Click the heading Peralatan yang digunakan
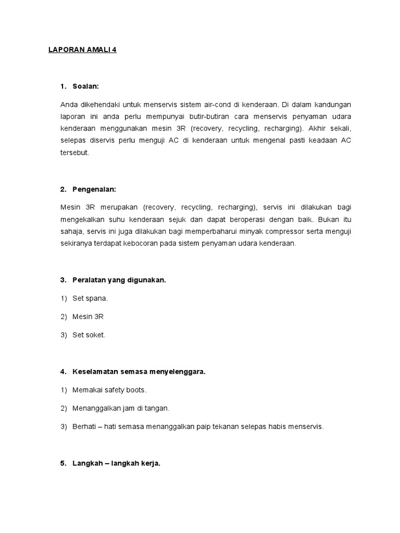119,280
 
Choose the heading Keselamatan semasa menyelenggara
139,372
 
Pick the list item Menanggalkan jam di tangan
121,408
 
